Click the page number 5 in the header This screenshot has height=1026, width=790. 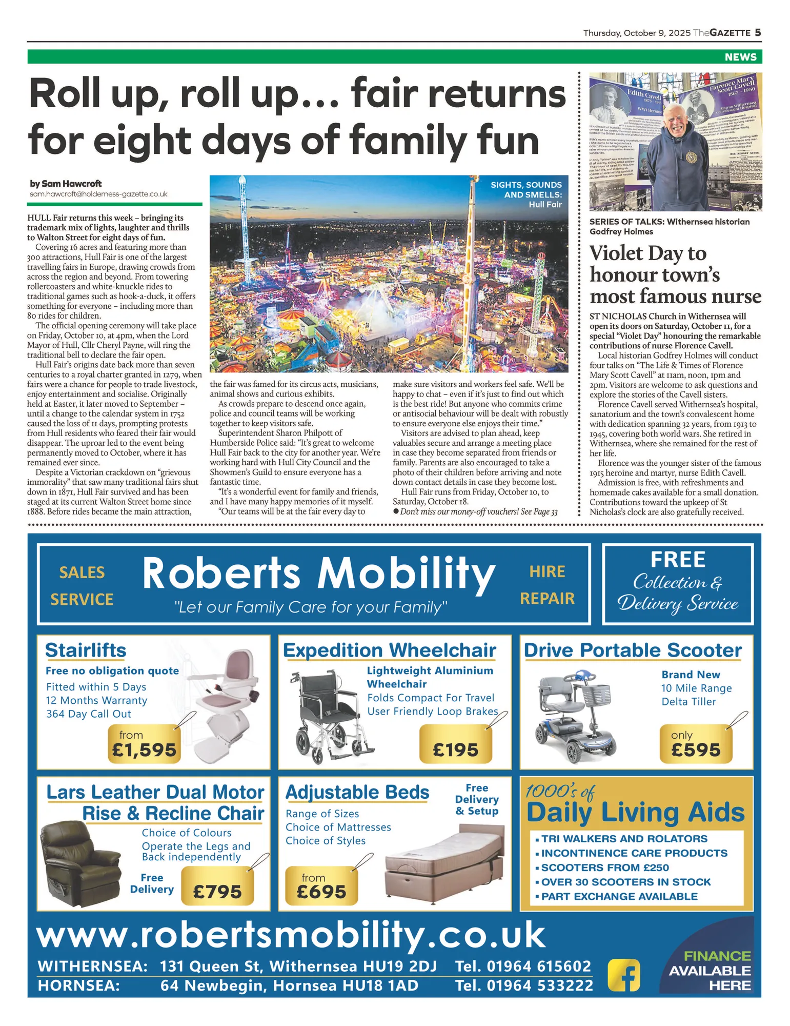tap(757, 33)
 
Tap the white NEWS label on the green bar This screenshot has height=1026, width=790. tap(740, 57)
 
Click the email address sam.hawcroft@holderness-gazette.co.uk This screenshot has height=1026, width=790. tap(98, 194)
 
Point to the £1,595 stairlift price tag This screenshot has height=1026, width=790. tap(144, 745)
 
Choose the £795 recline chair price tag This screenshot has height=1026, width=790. tap(217, 891)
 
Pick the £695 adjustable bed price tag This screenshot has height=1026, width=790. tap(321, 886)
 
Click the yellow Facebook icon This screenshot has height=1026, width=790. tap(624, 975)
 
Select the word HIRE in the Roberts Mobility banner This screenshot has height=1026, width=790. tap(547, 571)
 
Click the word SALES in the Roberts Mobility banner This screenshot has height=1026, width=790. tap(82, 573)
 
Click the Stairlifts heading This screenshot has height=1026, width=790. tap(86, 650)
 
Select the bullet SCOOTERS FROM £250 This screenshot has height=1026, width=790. tap(605, 867)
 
